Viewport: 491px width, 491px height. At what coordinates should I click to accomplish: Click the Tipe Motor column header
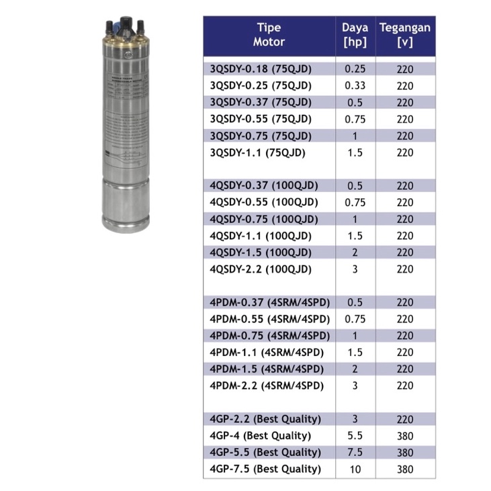(x=269, y=34)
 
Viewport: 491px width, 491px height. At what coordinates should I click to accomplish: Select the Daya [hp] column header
(x=355, y=34)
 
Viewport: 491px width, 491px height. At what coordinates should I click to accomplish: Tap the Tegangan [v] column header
(x=405, y=34)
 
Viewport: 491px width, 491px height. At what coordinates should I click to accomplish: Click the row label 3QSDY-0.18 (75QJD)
(x=261, y=69)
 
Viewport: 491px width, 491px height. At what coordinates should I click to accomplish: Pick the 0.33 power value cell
(x=355, y=85)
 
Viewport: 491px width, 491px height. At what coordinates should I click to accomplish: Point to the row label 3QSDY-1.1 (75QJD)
(x=257, y=152)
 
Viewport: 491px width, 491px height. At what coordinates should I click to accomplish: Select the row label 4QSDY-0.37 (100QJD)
(x=264, y=185)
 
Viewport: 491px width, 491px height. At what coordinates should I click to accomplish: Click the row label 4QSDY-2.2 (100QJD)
(x=261, y=269)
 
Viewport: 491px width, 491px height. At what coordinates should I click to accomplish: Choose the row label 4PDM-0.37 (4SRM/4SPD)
(x=269, y=302)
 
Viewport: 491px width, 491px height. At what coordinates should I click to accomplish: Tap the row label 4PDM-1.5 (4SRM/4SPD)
(x=267, y=369)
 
